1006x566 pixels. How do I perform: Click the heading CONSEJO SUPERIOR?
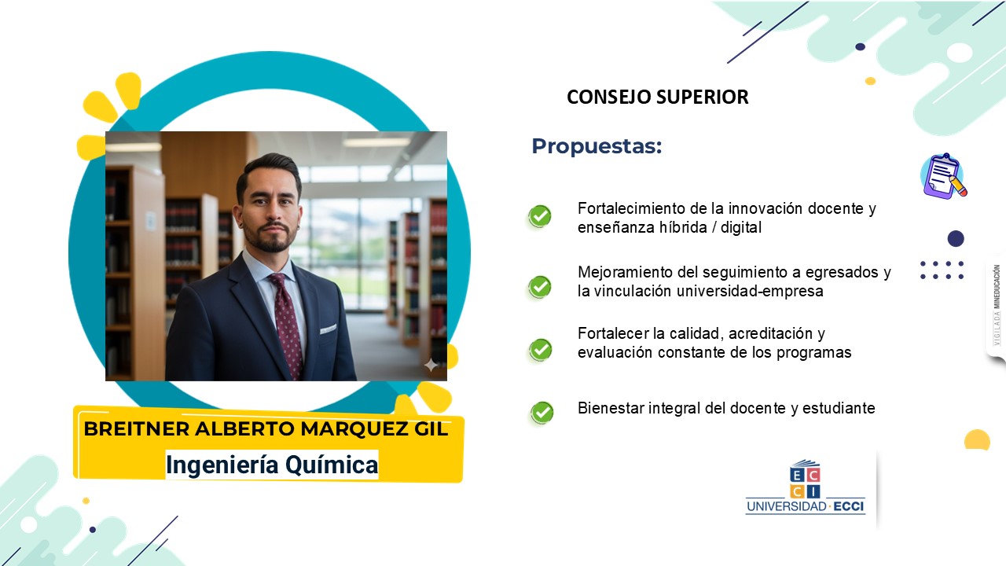(658, 97)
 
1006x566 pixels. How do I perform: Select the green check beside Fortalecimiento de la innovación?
(540, 216)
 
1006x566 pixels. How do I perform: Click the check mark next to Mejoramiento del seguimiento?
(540, 287)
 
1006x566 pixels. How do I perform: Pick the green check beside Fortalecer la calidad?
(540, 350)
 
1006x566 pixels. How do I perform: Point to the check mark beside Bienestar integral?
(542, 413)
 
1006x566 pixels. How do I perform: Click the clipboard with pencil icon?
(944, 176)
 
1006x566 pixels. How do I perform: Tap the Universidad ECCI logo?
(806, 487)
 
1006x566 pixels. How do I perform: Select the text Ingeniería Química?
(272, 465)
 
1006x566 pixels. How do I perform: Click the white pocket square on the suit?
(329, 329)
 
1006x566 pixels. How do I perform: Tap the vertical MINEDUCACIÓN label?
(997, 286)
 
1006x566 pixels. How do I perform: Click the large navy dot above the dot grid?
(956, 238)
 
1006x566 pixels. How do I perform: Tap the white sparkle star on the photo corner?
(431, 366)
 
